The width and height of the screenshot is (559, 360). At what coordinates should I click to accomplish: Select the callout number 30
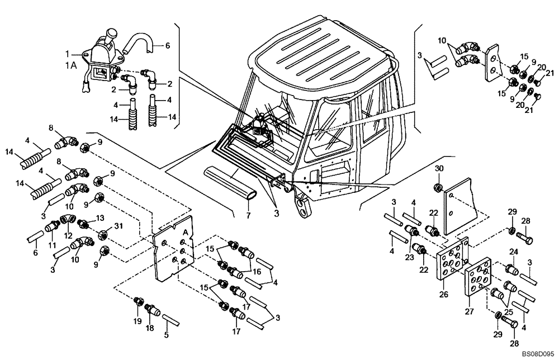[x=439, y=169]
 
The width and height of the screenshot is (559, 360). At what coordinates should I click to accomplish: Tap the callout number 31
[x=117, y=226]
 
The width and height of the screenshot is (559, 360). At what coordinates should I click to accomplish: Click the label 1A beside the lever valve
[x=70, y=65]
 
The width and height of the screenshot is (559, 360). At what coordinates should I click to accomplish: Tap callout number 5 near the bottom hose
[x=165, y=336]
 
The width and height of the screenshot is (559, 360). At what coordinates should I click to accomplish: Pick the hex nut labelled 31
[x=104, y=234]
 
